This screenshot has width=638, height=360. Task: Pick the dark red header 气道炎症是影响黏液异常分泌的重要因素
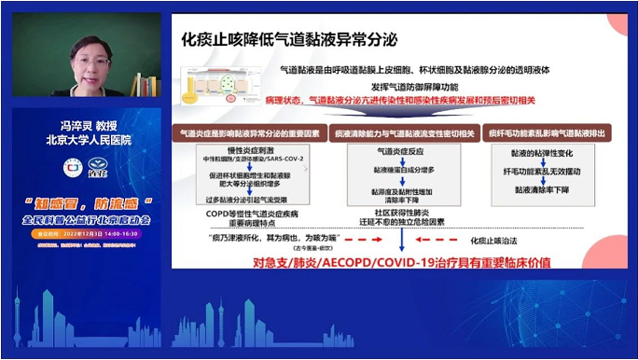pyautogui.click(x=248, y=133)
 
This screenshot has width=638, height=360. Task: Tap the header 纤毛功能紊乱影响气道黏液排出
pyautogui.click(x=546, y=133)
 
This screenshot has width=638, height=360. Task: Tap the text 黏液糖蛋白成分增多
pyautogui.click(x=400, y=172)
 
